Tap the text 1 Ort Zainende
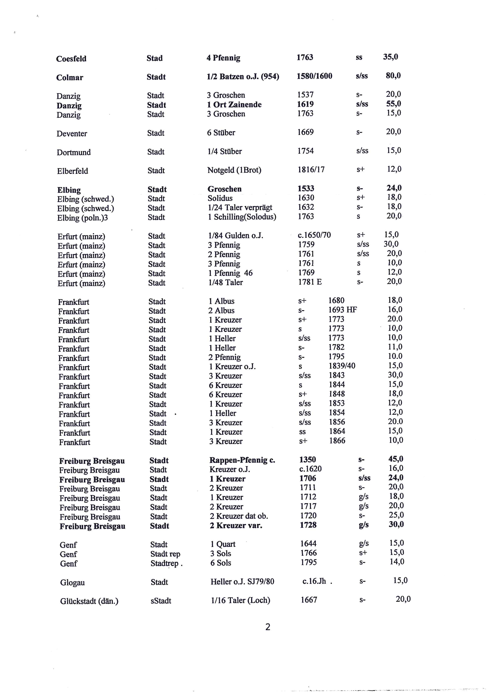(234, 105)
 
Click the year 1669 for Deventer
(305, 132)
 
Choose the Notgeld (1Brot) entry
(234, 170)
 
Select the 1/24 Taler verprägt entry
(240, 207)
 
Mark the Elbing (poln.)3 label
(82, 218)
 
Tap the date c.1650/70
(314, 235)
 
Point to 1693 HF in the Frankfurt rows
(342, 310)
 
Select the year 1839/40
(342, 366)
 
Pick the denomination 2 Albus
(221, 310)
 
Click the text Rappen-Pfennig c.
(242, 460)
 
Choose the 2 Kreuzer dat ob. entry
(239, 516)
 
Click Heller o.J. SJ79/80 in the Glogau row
(242, 581)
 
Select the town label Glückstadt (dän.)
(89, 601)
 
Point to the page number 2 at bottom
(268, 627)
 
